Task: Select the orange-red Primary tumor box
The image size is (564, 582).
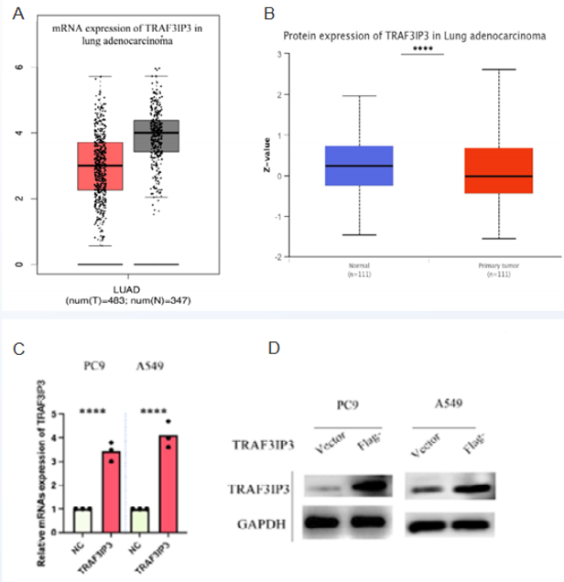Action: [x=499, y=170]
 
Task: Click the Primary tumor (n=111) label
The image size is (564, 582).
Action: [x=499, y=269]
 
